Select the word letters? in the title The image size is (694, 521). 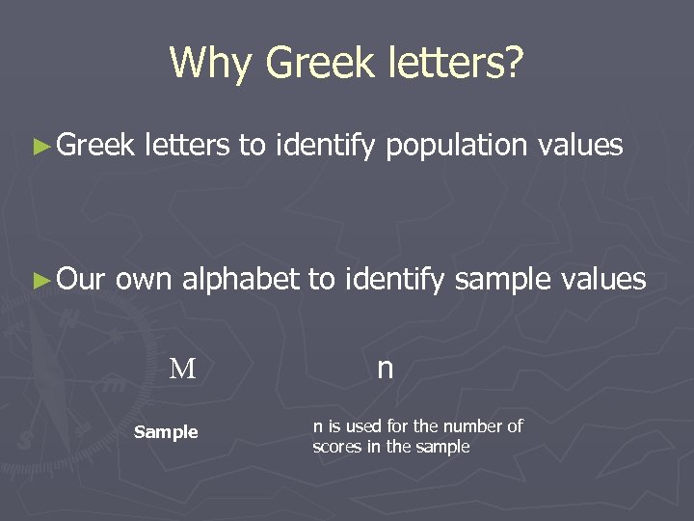click(453, 64)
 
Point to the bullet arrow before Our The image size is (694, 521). click(40, 281)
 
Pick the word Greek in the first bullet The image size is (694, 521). click(95, 146)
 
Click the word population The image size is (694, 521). click(456, 147)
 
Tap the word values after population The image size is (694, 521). click(581, 146)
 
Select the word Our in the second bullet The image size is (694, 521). click(82, 280)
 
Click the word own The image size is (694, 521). click(145, 280)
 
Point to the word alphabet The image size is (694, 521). click(241, 280)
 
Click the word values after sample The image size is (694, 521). click(605, 280)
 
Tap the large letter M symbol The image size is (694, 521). click(183, 369)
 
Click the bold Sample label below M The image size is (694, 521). click(166, 432)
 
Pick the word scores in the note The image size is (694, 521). click(337, 447)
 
